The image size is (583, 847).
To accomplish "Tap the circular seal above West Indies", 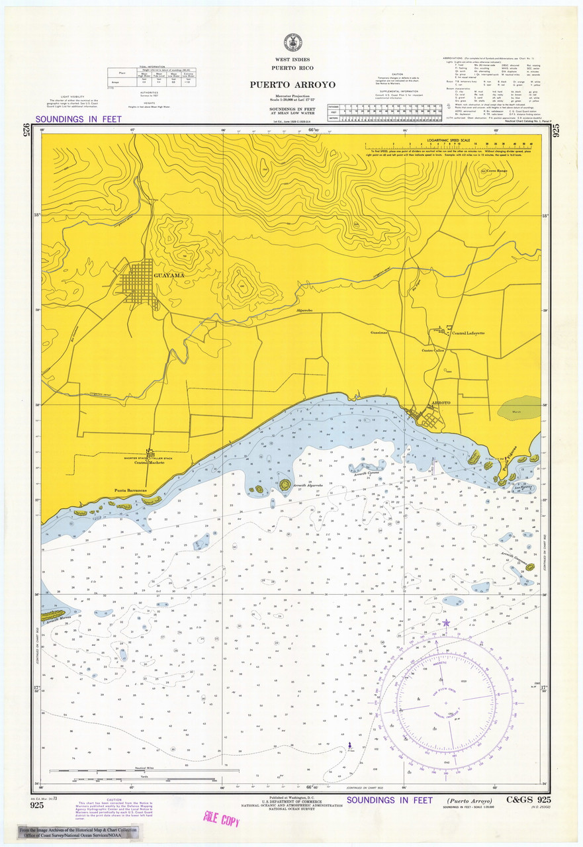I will coord(292,42).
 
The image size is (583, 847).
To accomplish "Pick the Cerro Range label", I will coord(497,171).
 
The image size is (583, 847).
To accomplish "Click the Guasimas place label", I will coord(379,333).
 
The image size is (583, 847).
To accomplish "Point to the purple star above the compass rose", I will coord(445,623).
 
